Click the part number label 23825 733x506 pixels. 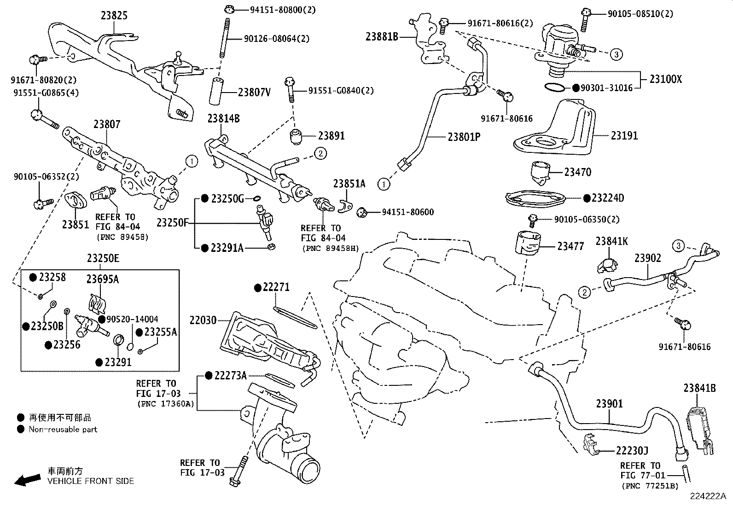click(114, 15)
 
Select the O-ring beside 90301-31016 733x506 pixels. click(555, 87)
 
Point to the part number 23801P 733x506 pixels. click(464, 137)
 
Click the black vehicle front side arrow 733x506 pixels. click(28, 480)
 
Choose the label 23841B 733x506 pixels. click(700, 388)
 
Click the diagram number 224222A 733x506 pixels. click(708, 496)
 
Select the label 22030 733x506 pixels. click(203, 320)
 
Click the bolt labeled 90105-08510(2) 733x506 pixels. click(584, 20)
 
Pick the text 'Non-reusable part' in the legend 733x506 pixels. click(63, 430)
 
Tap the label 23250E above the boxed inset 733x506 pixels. click(103, 258)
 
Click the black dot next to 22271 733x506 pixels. click(258, 288)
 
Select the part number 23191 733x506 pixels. click(624, 135)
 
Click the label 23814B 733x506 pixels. click(223, 118)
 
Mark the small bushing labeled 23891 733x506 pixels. click(297, 137)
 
